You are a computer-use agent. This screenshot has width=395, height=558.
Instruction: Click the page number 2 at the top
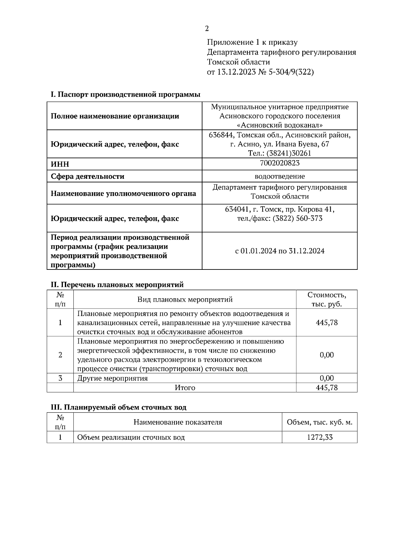207,29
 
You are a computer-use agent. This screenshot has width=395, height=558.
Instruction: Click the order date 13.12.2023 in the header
236,72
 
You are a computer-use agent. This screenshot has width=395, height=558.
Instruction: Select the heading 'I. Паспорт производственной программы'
125,95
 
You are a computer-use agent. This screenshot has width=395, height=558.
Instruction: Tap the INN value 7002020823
279,163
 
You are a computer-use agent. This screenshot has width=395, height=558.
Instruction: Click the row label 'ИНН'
60,164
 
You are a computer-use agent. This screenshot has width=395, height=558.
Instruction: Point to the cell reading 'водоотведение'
279,176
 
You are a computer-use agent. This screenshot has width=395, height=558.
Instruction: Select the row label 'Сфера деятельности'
88,176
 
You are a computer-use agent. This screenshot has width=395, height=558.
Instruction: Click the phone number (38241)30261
289,153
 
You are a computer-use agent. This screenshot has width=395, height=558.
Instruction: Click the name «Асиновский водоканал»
279,125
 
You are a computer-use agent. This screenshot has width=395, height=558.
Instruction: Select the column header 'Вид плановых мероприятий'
185,299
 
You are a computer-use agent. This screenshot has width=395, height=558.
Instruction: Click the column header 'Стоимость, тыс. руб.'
327,299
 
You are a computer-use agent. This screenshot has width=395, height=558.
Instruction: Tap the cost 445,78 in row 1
327,322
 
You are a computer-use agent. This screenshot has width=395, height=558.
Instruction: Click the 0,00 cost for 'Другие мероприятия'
327,378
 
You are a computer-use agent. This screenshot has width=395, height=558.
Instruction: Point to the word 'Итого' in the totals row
185,388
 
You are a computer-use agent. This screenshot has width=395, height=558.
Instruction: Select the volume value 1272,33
320,437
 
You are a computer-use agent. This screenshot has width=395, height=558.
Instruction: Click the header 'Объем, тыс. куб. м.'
320,422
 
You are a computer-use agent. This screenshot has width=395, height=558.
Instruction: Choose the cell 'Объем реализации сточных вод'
131,437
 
